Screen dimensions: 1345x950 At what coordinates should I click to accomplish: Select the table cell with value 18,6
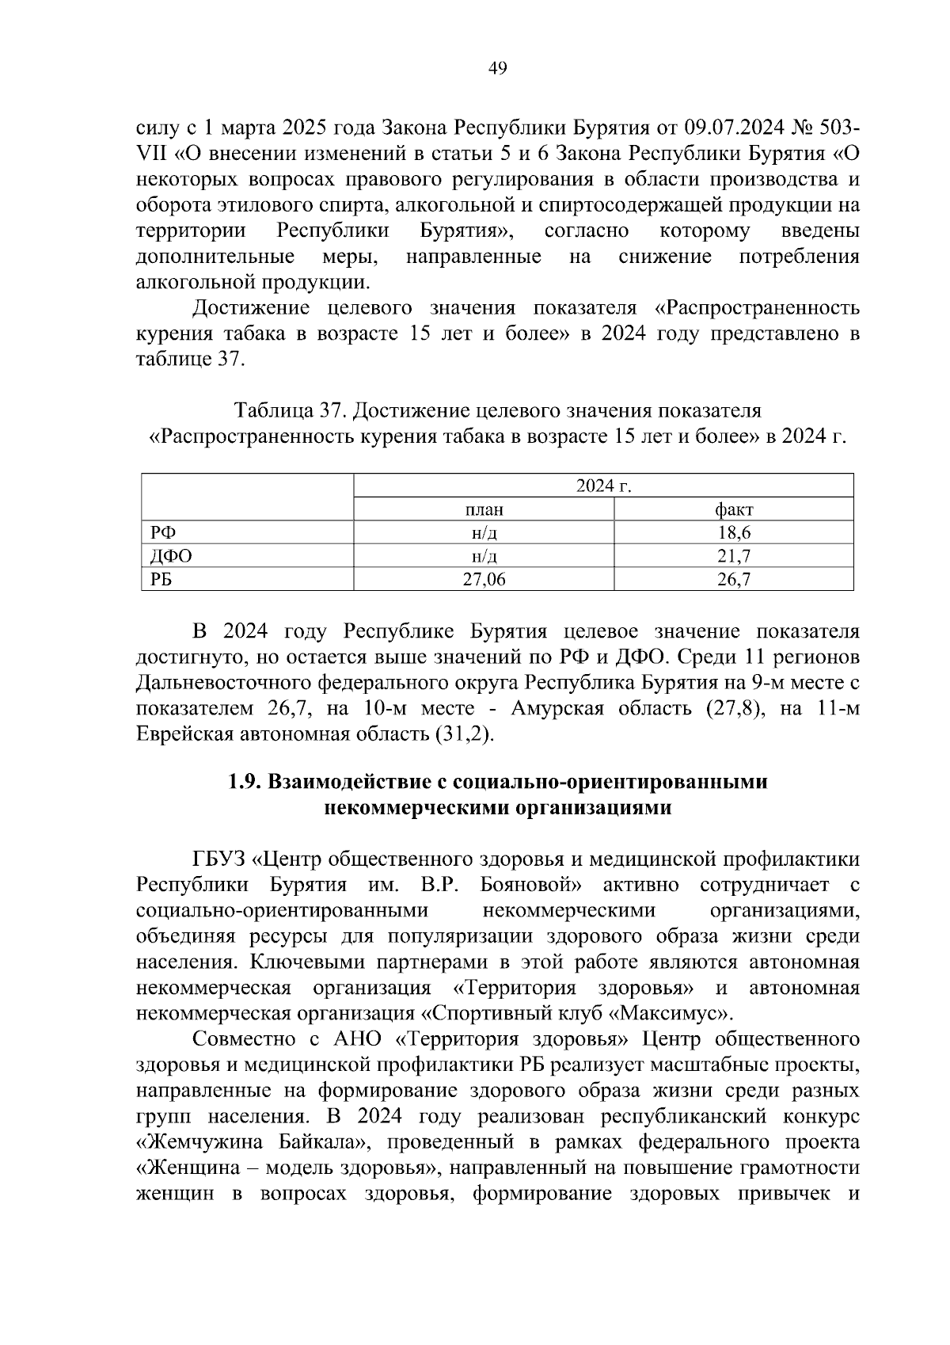[x=734, y=533]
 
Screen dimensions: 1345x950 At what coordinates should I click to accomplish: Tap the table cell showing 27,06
[x=484, y=580]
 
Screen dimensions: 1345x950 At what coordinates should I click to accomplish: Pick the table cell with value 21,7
[x=734, y=556]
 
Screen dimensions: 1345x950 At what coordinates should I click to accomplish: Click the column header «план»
[x=484, y=509]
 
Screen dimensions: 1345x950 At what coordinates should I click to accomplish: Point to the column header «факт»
[x=734, y=509]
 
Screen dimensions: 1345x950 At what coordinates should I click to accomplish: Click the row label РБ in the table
[x=161, y=580]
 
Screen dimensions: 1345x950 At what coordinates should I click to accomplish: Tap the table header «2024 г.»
[x=603, y=486]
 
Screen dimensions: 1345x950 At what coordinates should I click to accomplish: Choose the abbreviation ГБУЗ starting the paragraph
[x=218, y=859]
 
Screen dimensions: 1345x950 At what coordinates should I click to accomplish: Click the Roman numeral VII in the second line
[x=150, y=153]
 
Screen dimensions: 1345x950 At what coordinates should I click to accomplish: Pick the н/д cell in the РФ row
[x=484, y=533]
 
